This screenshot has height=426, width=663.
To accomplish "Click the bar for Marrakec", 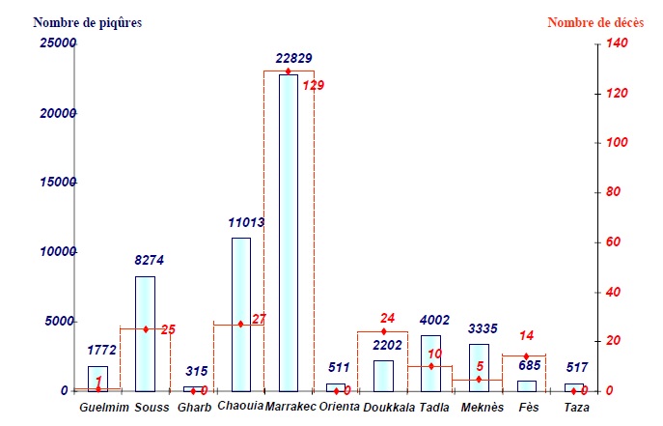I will coord(289,232).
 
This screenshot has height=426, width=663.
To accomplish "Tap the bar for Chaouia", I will coord(241,314).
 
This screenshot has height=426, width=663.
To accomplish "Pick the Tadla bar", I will coord(430,362).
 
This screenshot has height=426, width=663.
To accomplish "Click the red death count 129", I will coord(314,86).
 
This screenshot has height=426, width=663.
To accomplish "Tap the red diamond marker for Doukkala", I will coord(383,331).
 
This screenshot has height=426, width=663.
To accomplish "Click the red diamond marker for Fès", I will coord(526,355).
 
